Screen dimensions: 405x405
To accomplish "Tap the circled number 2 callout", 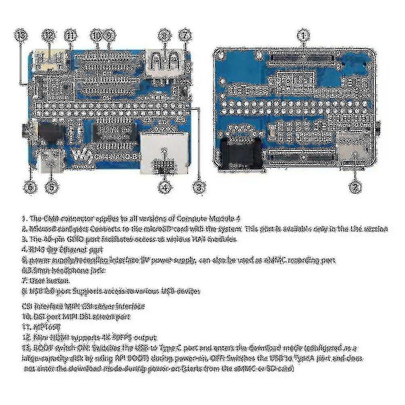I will (355, 187).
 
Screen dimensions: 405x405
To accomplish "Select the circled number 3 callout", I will (198, 187).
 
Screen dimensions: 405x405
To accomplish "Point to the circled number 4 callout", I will (164, 187).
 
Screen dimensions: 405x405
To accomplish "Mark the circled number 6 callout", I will (30, 187).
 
